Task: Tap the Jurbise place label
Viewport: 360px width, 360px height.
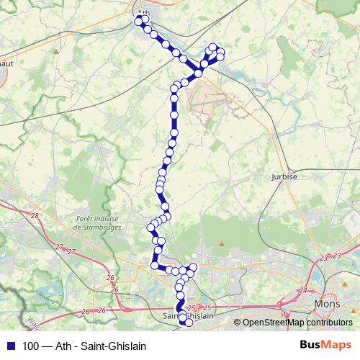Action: tap(284, 176)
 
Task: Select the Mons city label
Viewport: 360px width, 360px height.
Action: tap(328, 305)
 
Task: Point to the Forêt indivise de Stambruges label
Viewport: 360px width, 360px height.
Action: tap(100, 222)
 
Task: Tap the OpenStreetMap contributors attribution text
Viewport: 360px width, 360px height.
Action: tap(297, 322)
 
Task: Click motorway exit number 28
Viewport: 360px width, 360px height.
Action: tap(35, 215)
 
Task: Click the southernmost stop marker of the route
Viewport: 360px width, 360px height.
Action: tap(189, 323)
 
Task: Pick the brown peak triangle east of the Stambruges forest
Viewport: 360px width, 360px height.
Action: tap(222, 246)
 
